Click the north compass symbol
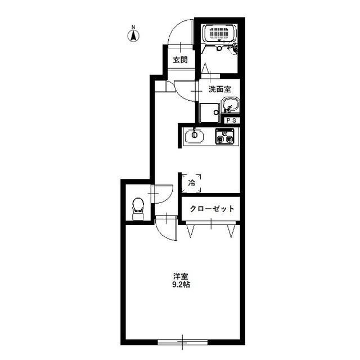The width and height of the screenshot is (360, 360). [133, 36]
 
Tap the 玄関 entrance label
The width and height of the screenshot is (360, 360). [180, 60]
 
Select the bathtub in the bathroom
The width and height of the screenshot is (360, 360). [219, 33]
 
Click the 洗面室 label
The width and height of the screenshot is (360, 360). [220, 89]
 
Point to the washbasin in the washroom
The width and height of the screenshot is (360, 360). [231, 105]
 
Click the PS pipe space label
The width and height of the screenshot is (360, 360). [231, 120]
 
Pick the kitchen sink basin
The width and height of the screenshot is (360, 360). [194, 135]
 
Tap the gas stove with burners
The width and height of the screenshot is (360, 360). [224, 136]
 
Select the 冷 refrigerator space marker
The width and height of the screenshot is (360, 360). [191, 183]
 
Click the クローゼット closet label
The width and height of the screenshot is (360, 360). [212, 209]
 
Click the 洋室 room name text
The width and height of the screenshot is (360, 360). [181, 276]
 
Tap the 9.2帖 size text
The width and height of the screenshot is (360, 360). [181, 285]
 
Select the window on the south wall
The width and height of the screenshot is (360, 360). [182, 343]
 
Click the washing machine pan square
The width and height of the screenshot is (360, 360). [209, 112]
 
